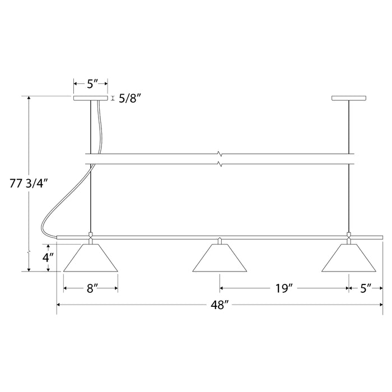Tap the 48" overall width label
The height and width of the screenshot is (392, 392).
(x=219, y=305)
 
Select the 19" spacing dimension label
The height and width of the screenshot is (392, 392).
(x=284, y=288)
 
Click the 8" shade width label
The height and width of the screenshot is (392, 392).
(x=91, y=288)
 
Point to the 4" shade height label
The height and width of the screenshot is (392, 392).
(x=49, y=258)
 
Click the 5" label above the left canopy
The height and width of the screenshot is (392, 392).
(x=92, y=84)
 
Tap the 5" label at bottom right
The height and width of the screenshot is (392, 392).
(x=366, y=288)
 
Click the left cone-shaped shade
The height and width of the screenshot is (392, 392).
(x=91, y=258)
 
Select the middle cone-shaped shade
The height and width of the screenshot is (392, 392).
(x=220, y=259)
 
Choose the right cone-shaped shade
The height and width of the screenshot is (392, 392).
(x=349, y=258)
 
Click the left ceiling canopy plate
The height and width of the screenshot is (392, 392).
(x=91, y=99)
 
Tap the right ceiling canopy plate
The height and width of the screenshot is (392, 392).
(x=349, y=99)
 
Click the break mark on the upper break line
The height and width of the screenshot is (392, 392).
(x=220, y=153)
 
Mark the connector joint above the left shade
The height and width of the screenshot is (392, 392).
(x=91, y=237)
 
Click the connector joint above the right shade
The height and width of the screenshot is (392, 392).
(x=349, y=237)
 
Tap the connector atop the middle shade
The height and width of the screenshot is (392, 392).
(x=220, y=241)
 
